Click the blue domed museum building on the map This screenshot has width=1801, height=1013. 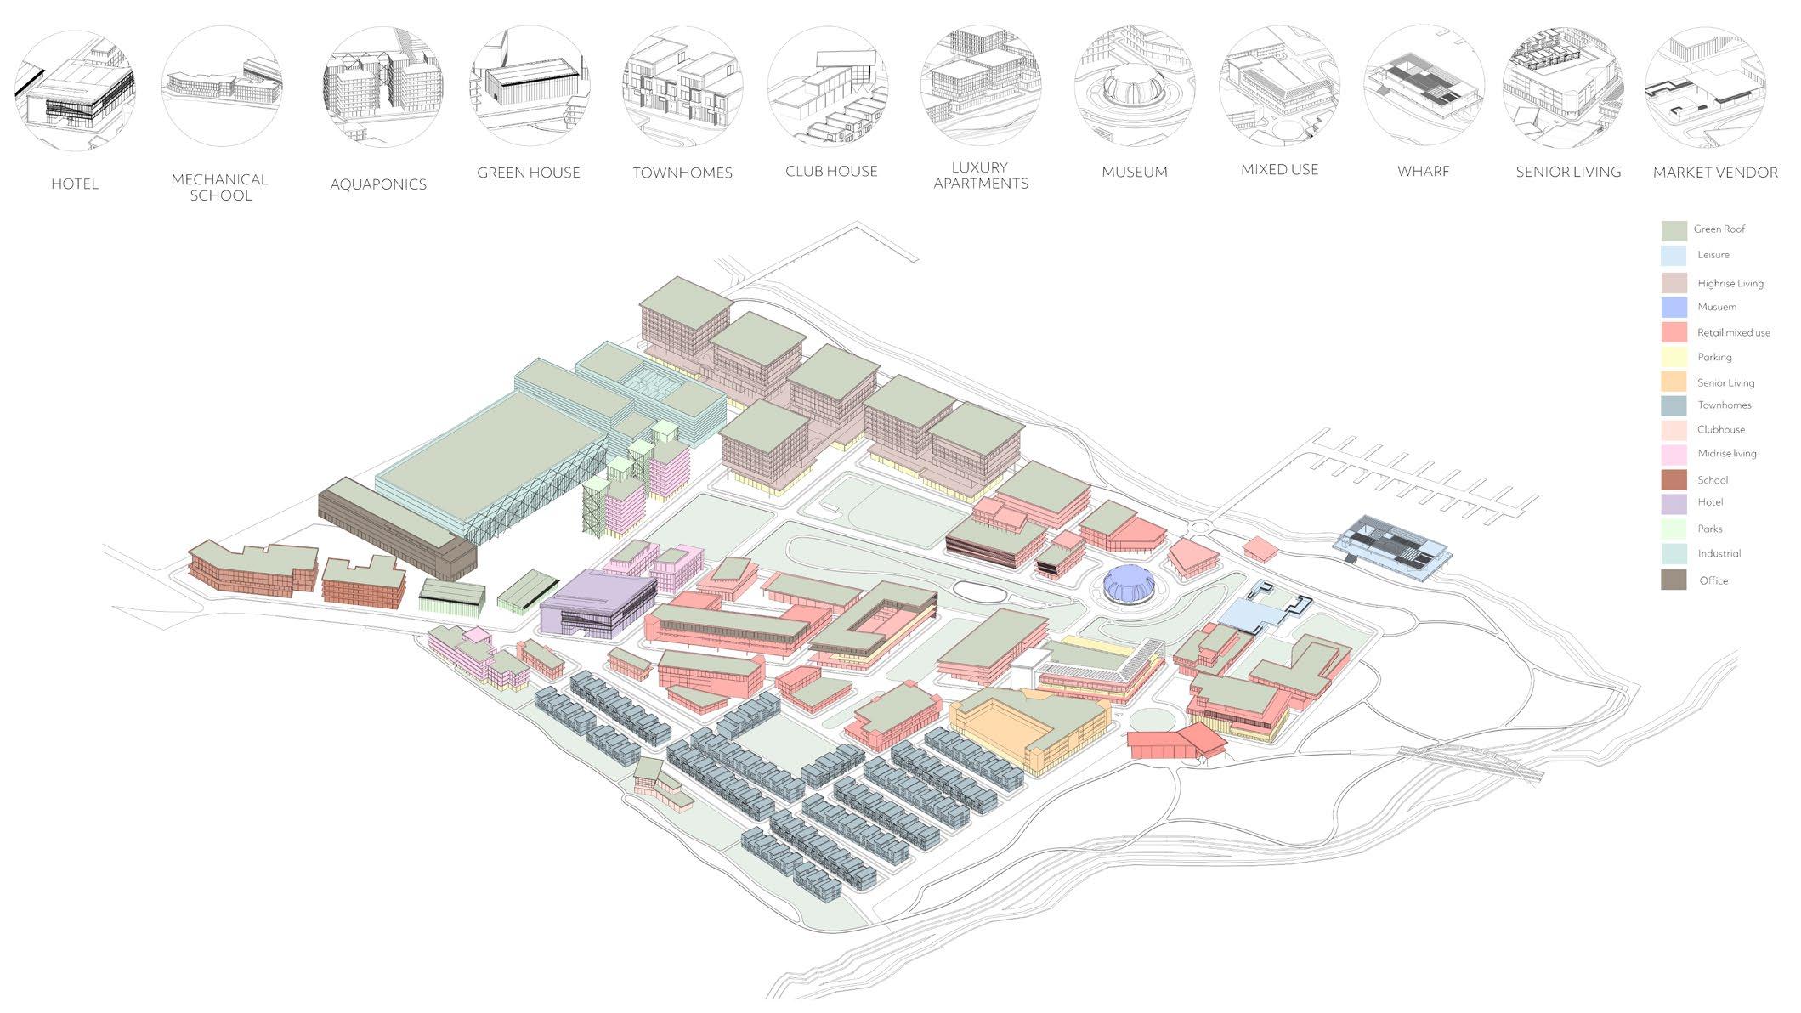[x=1128, y=584]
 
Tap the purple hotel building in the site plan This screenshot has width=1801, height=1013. [x=595, y=603]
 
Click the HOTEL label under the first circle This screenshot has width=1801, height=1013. [x=75, y=184]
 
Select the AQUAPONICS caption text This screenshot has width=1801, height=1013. [x=378, y=184]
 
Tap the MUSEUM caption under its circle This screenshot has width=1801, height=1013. [x=1135, y=172]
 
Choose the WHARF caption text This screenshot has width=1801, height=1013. [x=1424, y=172]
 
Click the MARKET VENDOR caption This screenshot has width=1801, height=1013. [x=1715, y=173]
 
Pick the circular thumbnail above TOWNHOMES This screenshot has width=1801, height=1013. [x=682, y=86]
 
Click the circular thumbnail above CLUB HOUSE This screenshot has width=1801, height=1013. [x=829, y=86]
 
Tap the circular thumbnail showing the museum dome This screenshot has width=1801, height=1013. [x=1135, y=86]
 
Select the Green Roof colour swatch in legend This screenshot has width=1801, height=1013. [x=1674, y=230]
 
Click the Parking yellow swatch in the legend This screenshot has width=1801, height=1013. [x=1674, y=357]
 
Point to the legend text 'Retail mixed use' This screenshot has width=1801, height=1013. [x=1733, y=332]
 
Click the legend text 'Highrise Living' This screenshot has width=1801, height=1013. [x=1730, y=283]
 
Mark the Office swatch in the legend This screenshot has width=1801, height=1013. [x=1674, y=580]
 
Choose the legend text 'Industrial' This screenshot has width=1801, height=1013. [x=1719, y=553]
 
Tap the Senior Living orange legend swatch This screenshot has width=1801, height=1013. [x=1674, y=382]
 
